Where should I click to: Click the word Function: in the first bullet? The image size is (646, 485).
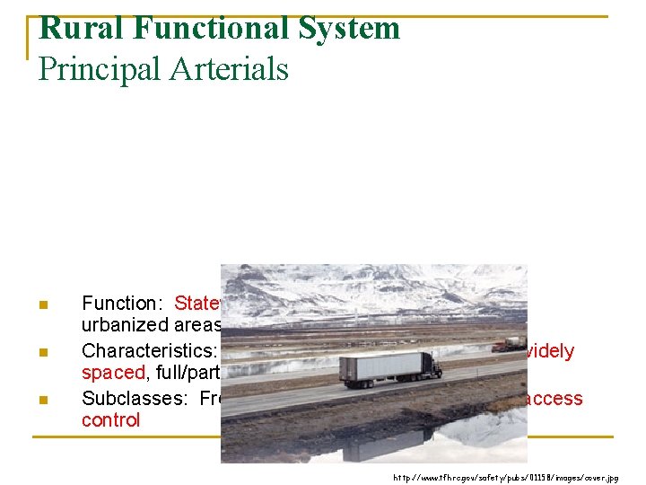point(125,304)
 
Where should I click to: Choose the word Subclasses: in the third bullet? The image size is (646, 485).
point(137,398)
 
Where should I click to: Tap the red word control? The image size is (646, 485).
point(110,420)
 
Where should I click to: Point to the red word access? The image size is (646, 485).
point(554,398)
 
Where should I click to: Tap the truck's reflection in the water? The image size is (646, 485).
point(395,443)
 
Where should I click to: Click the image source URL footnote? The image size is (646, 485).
point(506,478)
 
